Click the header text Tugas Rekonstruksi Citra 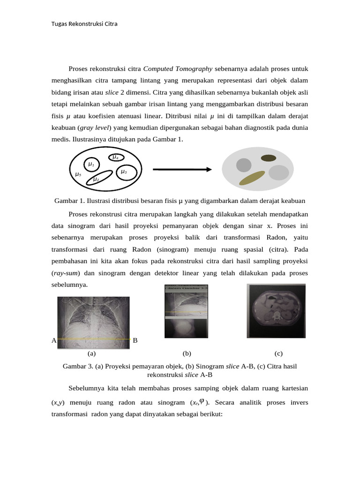tap(84, 23)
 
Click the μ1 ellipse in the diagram tap(91, 165)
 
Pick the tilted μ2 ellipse tap(100, 178)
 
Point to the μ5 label tap(78, 174)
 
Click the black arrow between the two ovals tap(181, 169)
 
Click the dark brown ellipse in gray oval tap(268, 158)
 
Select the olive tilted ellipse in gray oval tap(252, 178)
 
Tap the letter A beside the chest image tap(53, 340)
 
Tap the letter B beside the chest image tap(135, 340)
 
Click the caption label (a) tap(91, 353)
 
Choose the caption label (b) tap(187, 353)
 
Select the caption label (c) tap(278, 353)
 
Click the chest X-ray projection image tap(93, 323)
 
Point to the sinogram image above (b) tap(186, 311)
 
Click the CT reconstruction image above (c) tap(276, 310)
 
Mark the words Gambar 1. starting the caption tap(69, 201)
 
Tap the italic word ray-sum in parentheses tap(66, 272)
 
